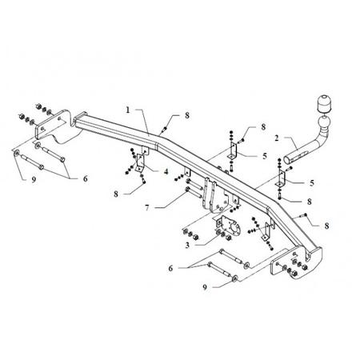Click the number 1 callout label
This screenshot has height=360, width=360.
pyautogui.click(x=128, y=110)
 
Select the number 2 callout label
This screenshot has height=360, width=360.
pyautogui.click(x=277, y=138)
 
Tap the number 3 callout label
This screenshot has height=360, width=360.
pyautogui.click(x=187, y=245)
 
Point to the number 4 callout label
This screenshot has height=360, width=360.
pyautogui.click(x=166, y=172)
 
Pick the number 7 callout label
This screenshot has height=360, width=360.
pyautogui.click(x=147, y=208)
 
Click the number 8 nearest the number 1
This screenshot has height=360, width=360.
pyautogui.click(x=187, y=115)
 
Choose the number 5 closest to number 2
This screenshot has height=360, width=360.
pyautogui.click(x=265, y=156)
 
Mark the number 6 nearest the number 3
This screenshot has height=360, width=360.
pyautogui.click(x=170, y=268)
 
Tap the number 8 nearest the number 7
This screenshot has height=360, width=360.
pyautogui.click(x=116, y=194)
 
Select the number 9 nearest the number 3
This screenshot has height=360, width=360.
pyautogui.click(x=205, y=287)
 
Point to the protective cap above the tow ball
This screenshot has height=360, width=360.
pyautogui.click(x=323, y=104)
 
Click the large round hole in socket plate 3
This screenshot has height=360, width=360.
pyautogui.click(x=234, y=229)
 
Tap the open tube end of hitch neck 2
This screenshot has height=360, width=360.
pyautogui.click(x=286, y=160)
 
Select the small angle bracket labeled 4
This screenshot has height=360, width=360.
pyautogui.click(x=140, y=162)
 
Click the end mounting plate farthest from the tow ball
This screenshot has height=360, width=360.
pyautogui.click(x=54, y=126)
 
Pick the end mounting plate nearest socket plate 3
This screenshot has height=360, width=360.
pyautogui.click(x=296, y=262)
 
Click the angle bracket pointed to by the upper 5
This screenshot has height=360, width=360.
pyautogui.click(x=233, y=150)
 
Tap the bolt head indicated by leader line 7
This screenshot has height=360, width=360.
pyautogui.click(x=187, y=190)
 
